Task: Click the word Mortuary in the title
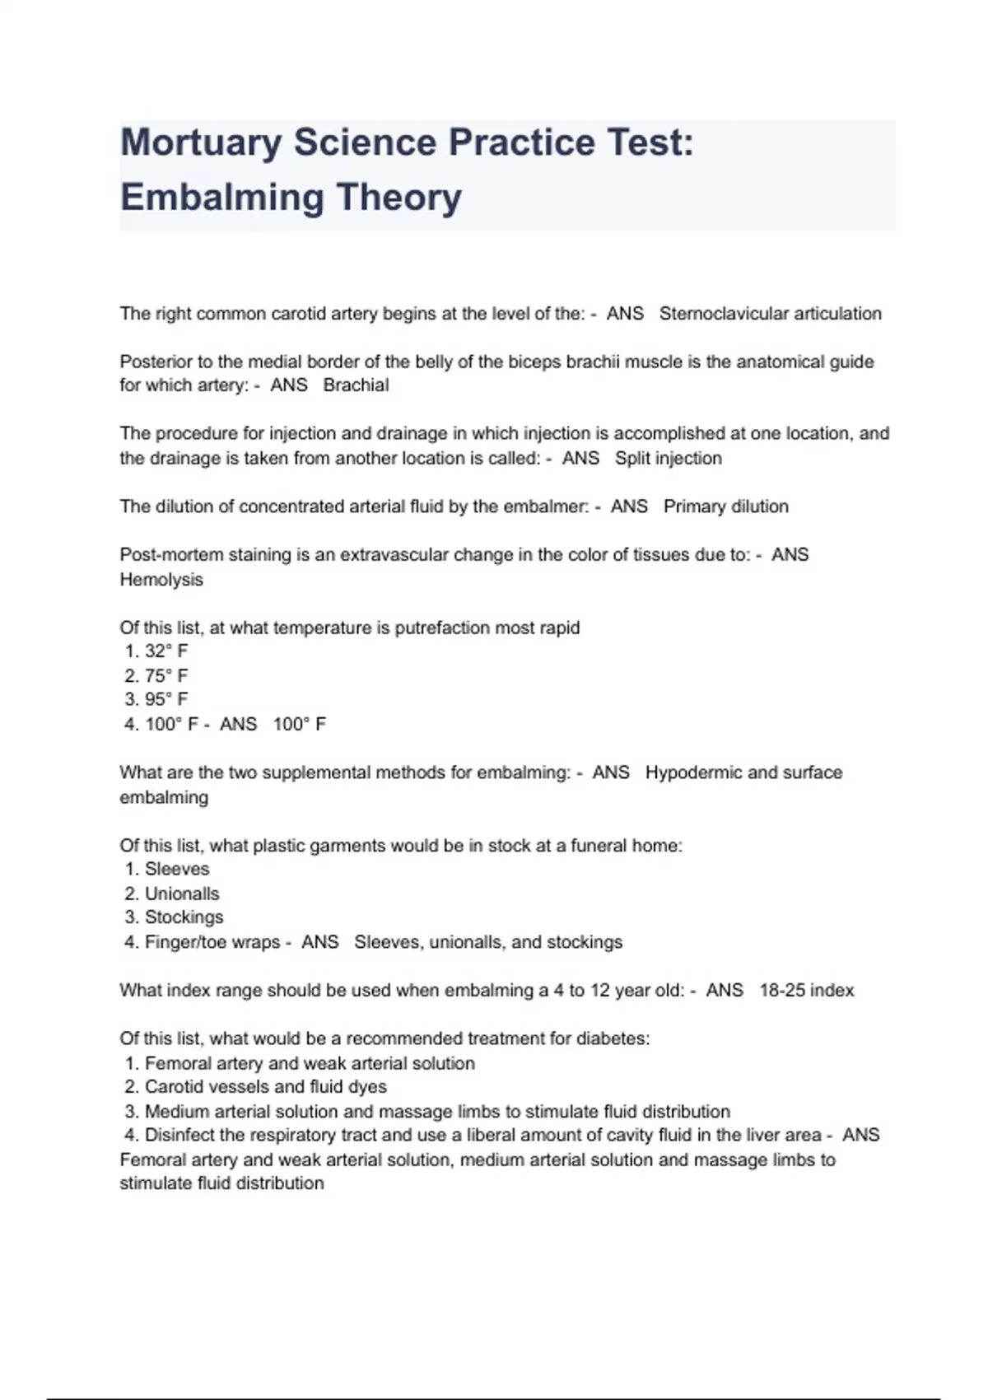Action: pyautogui.click(x=201, y=143)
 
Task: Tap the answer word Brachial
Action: pyautogui.click(x=356, y=385)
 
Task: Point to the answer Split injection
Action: pyautogui.click(x=668, y=459)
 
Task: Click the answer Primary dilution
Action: pyautogui.click(x=725, y=506)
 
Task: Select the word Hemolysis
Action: pyautogui.click(x=161, y=580)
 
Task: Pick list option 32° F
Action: pyautogui.click(x=165, y=651)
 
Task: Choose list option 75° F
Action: pyautogui.click(x=165, y=676)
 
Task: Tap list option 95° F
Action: pyautogui.click(x=165, y=699)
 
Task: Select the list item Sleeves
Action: pyautogui.click(x=176, y=869)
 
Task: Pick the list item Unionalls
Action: pyautogui.click(x=181, y=894)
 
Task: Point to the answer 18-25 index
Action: pyautogui.click(x=806, y=991)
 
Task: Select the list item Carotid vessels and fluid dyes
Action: pyautogui.click(x=265, y=1087)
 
